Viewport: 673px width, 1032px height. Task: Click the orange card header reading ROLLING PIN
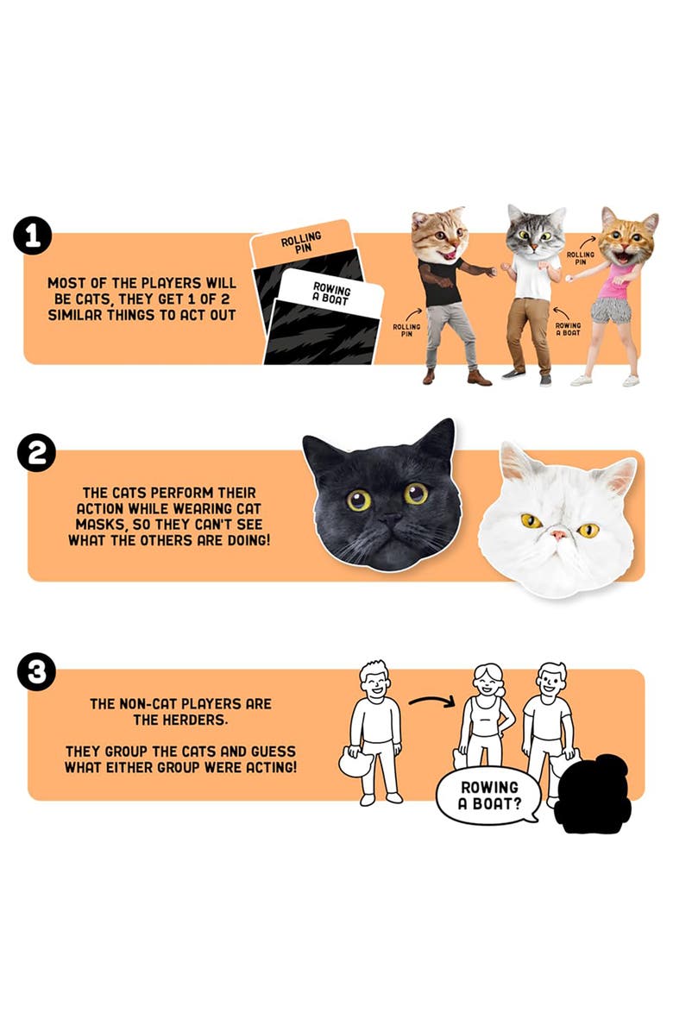pyautogui.click(x=301, y=241)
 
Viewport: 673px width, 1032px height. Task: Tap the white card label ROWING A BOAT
pyautogui.click(x=330, y=293)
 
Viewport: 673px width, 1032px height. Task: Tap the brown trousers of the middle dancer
pyautogui.click(x=526, y=331)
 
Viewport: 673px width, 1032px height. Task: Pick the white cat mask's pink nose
pyautogui.click(x=560, y=536)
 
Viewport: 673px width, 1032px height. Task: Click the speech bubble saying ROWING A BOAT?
pyautogui.click(x=489, y=795)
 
